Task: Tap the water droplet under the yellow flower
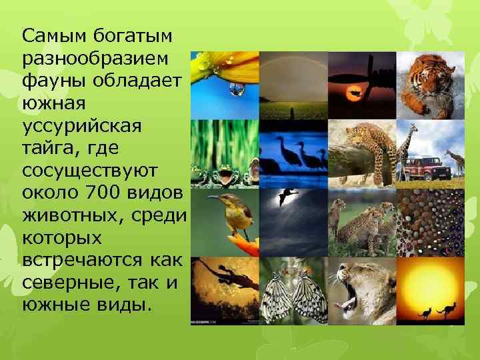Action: (235, 89)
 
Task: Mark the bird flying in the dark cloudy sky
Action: (286, 195)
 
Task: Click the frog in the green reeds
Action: (225, 175)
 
